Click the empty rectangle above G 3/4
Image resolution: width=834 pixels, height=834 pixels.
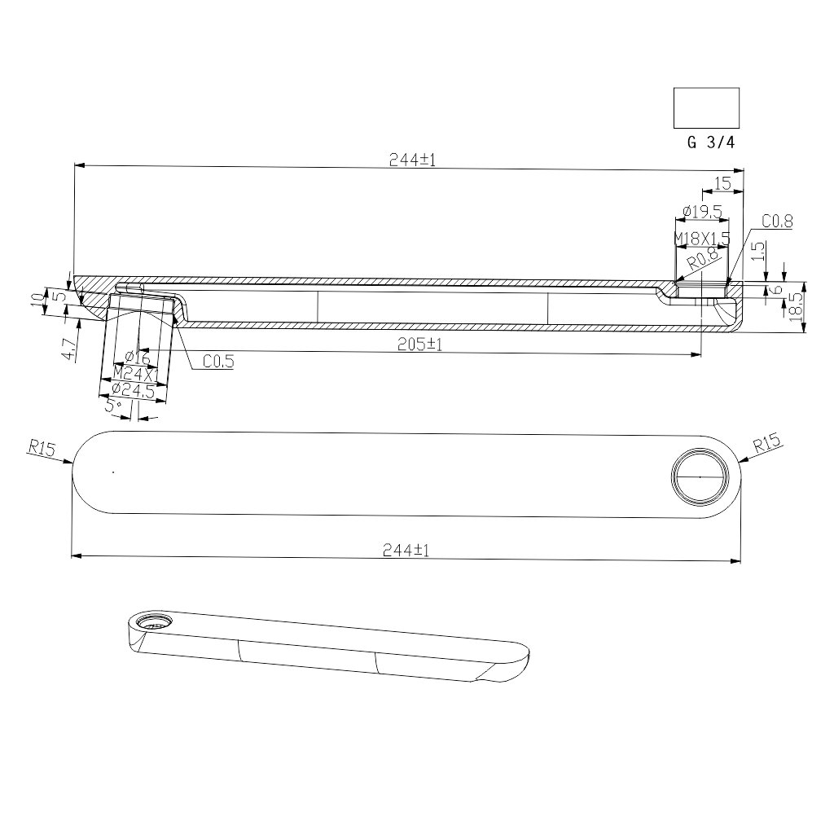click(x=706, y=108)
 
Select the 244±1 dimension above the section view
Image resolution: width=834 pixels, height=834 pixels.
click(x=413, y=160)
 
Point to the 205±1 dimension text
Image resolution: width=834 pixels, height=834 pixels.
click(x=420, y=345)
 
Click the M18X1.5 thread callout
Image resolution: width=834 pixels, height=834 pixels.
click(x=701, y=237)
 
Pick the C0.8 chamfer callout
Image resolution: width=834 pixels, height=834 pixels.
click(x=777, y=222)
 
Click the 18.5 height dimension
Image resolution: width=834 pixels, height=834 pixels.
click(x=817, y=306)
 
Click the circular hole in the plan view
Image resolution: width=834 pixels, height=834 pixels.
click(x=699, y=475)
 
